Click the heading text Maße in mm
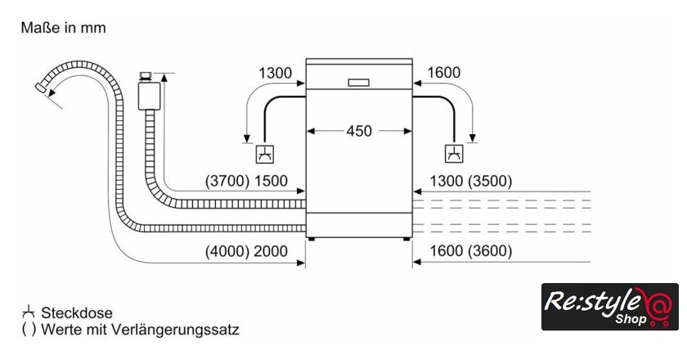click(x=64, y=28)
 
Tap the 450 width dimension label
click(x=359, y=130)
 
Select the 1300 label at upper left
click(x=275, y=73)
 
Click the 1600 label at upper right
click(x=443, y=73)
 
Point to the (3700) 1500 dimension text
click(x=246, y=181)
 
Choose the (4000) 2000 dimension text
click(x=246, y=251)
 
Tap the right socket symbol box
click(x=453, y=153)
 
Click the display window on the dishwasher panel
click(x=359, y=82)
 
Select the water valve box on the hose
click(x=148, y=93)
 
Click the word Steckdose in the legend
click(x=77, y=313)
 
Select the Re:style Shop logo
click(x=609, y=307)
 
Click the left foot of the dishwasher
click(x=311, y=239)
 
